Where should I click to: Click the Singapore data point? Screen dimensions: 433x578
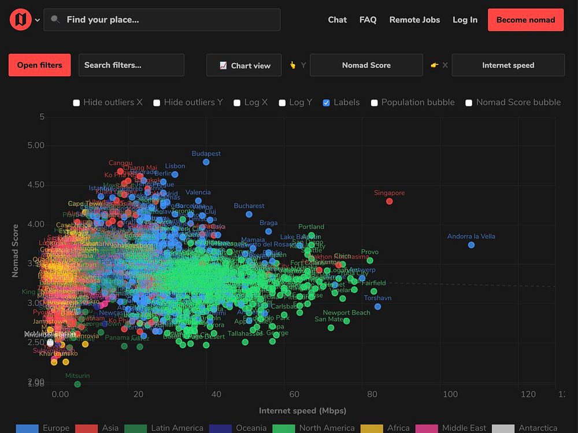[x=390, y=201]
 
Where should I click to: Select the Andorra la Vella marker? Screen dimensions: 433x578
[x=471, y=245]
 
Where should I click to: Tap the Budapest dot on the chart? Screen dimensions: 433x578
[x=206, y=162]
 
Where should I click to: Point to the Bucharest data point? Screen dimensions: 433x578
[x=249, y=214]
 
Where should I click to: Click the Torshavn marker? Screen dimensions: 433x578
[x=377, y=306]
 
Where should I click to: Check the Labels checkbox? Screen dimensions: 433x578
[x=327, y=103]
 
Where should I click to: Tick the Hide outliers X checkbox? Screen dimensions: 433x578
[x=76, y=103]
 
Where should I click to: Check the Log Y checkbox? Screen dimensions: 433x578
[x=282, y=103]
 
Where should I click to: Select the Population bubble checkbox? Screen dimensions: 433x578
[x=375, y=103]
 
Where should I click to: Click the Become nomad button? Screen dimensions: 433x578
[x=525, y=20]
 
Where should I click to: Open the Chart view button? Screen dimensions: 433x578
[x=244, y=65]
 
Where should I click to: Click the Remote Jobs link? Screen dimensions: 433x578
[x=414, y=20]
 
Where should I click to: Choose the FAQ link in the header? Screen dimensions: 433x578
[x=368, y=20]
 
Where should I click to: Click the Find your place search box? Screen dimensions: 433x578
[x=162, y=20]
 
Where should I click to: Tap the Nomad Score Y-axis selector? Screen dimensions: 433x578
[x=366, y=65]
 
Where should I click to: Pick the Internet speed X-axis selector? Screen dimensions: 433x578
[x=508, y=65]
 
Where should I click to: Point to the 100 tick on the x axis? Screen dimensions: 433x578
[x=450, y=394]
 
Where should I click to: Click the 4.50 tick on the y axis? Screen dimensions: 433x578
[x=36, y=184]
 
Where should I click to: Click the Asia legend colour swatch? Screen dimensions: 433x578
[x=87, y=428]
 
